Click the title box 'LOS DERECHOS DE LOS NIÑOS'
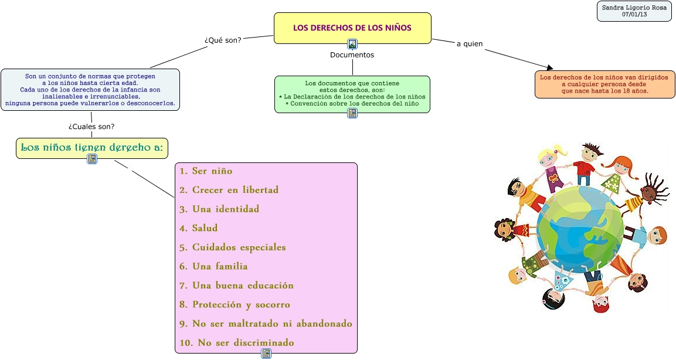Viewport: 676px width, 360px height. [x=352, y=28]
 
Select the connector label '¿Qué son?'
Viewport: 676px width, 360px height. [x=223, y=40]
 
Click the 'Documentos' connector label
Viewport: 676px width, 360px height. [x=352, y=55]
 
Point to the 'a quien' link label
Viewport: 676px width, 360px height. [x=470, y=44]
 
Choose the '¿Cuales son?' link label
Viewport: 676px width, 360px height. [x=91, y=127]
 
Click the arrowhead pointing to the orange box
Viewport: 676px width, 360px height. [x=549, y=68]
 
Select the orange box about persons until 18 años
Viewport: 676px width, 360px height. [x=604, y=84]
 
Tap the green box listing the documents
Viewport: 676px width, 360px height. [x=352, y=93]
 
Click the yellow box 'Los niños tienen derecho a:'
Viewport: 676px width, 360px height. [x=92, y=148]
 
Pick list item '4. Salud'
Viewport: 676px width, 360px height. [x=198, y=228]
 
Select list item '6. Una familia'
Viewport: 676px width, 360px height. [x=213, y=266]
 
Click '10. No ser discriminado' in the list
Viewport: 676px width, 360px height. [x=237, y=342]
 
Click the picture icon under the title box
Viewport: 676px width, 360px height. [x=352, y=44]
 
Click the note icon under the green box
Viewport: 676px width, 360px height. [x=352, y=113]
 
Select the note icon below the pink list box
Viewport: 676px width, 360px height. [x=266, y=354]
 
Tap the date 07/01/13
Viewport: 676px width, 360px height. [x=634, y=15]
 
